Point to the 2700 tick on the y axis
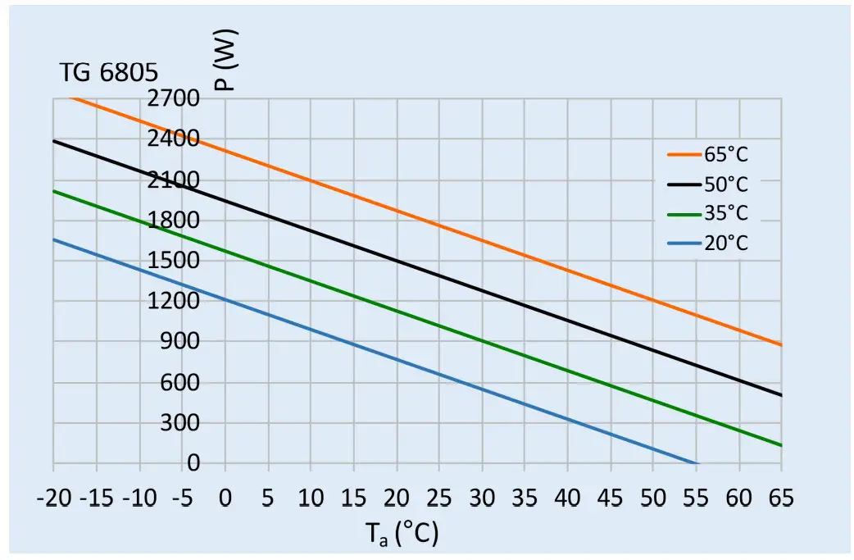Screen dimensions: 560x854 [x=174, y=99]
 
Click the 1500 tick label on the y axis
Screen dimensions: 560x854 [x=174, y=261]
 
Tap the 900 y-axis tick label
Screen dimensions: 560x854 [x=182, y=342]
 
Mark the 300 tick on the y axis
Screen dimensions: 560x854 [x=182, y=423]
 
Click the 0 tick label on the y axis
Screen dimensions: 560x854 [x=193, y=463]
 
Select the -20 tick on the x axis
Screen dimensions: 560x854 [x=53, y=498]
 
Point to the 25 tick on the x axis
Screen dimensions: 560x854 [x=438, y=498]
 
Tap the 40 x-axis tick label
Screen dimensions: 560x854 [x=567, y=498]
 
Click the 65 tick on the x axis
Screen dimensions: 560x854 [x=781, y=498]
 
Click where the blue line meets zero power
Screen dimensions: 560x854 [x=697, y=464]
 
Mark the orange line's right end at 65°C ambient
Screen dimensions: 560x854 [x=781, y=345]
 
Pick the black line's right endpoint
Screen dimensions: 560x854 [x=781, y=395]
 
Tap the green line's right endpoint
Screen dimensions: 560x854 [x=781, y=445]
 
